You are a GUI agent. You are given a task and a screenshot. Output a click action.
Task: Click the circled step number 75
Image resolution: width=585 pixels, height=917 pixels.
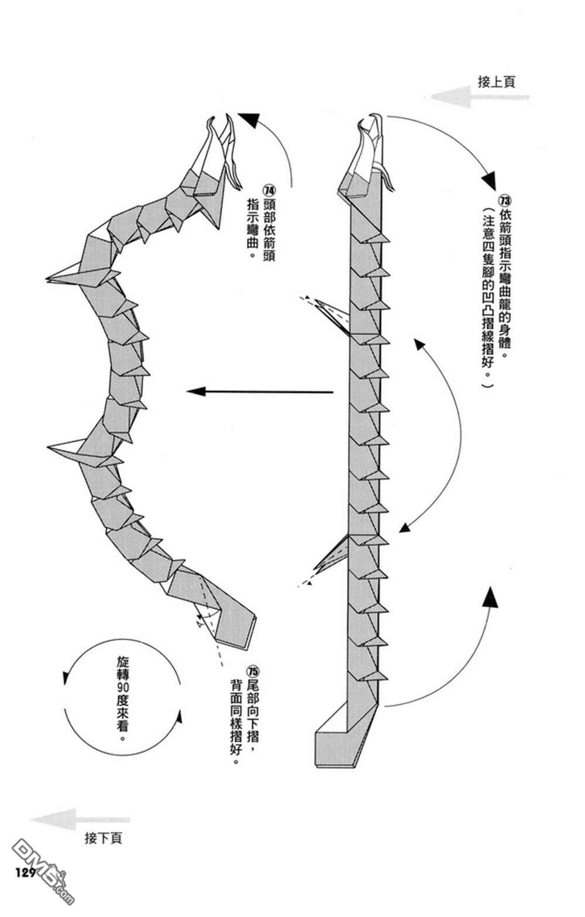coord(253,671)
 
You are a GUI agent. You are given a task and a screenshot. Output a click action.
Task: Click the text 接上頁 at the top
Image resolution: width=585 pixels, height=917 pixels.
coord(496,82)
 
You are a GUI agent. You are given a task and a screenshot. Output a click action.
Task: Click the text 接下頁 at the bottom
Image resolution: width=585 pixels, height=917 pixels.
coord(104,839)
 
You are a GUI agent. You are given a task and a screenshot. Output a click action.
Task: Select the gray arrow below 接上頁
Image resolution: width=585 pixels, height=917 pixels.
coord(480,97)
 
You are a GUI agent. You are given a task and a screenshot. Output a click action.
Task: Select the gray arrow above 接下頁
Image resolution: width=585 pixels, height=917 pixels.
coord(82,819)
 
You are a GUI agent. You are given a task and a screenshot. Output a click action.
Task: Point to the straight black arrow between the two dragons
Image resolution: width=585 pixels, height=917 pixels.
coord(260,391)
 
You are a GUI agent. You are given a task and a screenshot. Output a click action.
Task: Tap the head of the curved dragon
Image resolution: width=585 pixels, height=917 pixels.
coord(219,152)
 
